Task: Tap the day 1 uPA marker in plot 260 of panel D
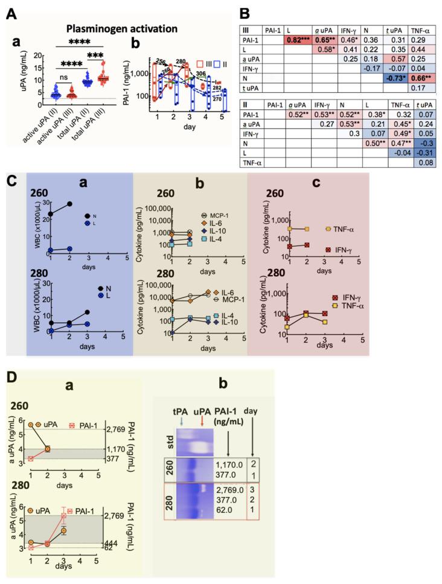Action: click(x=31, y=425)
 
